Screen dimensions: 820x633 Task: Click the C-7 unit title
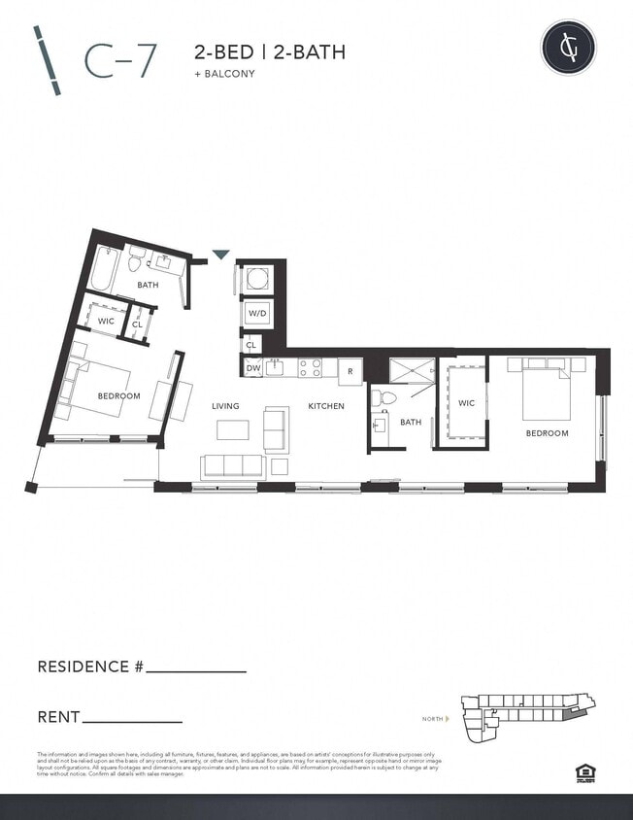tap(121, 60)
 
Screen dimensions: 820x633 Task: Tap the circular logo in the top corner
tap(569, 47)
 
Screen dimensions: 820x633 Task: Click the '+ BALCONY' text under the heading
tap(224, 73)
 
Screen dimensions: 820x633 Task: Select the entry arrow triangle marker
tap(220, 255)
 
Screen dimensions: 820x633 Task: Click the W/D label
tap(256, 314)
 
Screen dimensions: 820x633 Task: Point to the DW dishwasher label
tap(252, 368)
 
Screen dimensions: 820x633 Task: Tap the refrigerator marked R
tap(350, 370)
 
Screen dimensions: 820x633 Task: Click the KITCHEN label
tap(326, 406)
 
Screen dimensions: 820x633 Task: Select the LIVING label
tap(226, 406)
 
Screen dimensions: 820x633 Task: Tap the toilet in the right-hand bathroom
tap(387, 396)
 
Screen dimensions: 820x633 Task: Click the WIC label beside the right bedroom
tap(466, 402)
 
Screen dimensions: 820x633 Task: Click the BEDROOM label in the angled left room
tap(118, 395)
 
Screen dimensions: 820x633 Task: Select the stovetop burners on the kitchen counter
tap(310, 367)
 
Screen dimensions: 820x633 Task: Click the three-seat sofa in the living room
tap(233, 466)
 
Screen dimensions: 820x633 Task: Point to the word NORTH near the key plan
tap(432, 719)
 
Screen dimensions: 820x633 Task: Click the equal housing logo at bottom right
tap(585, 772)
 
